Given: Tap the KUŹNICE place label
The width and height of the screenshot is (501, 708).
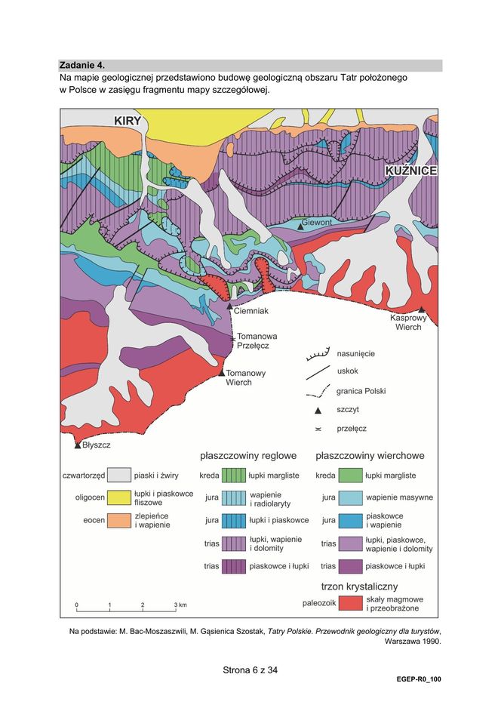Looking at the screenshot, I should point(411,172).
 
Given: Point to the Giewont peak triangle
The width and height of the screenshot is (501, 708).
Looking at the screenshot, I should point(300,226).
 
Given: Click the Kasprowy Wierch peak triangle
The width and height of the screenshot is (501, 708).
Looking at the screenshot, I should point(422,310).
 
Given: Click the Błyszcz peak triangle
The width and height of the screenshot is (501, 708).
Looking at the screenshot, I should point(78,445).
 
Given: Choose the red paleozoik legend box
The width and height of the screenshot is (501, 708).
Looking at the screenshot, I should point(349,603).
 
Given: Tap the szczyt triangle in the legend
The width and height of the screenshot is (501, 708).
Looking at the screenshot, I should point(318,410).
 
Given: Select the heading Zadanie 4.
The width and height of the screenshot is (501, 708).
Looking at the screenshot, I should point(81,66).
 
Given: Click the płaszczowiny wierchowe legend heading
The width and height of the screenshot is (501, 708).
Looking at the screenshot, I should point(370,456).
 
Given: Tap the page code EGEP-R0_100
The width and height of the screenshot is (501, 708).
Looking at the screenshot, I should point(419,679).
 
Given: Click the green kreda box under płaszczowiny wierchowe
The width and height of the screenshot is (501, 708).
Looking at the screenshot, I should point(349,476).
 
